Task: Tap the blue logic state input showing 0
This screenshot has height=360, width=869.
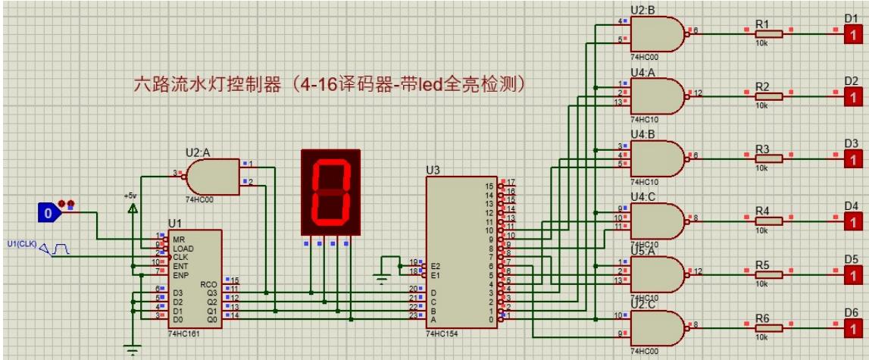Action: coord(48,214)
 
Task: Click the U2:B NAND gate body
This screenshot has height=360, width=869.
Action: coord(656,34)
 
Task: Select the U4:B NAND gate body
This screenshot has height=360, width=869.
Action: coord(656,158)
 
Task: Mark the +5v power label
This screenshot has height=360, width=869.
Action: coord(130,196)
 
